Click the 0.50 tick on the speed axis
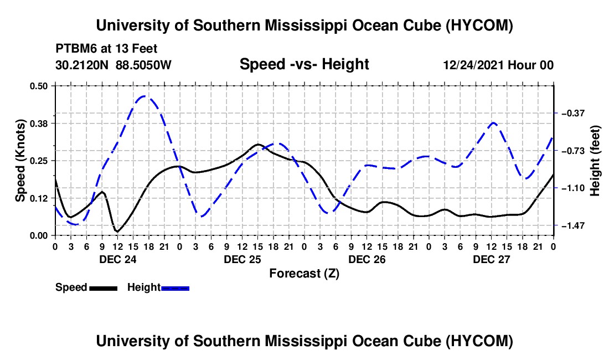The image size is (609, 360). pos(38,86)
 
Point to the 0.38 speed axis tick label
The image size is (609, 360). pos(38,124)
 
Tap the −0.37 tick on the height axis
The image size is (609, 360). pos(573,114)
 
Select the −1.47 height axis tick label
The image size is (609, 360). pos(573,225)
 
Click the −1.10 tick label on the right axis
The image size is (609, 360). pos(573,188)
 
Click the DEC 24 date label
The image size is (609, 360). pos(118,259)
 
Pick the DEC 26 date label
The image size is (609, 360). pos(367,259)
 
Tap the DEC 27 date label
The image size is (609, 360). pos(491,259)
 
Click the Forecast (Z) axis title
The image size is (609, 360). pos(304,274)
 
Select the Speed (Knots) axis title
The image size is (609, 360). pos(20,161)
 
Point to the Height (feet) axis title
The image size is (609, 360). pos(595,161)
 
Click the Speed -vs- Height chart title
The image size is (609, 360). pos(304,64)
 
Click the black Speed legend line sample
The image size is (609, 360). pos(103,288)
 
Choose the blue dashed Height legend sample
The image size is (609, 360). pos(175,288)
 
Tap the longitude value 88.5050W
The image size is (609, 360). pos(143,65)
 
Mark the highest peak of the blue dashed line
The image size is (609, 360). pos(144,96)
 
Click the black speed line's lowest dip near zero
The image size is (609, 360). pos(117,232)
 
